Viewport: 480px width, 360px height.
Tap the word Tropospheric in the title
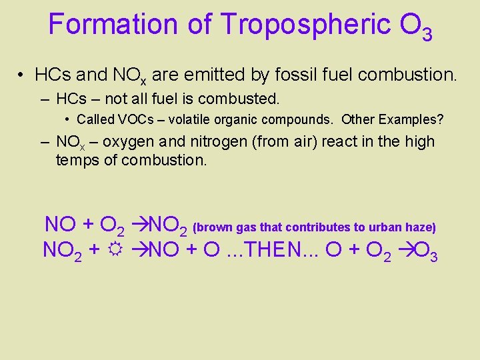[x=305, y=24]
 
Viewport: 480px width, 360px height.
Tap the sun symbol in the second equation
[x=116, y=251]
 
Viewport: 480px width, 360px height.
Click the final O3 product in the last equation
[x=426, y=253]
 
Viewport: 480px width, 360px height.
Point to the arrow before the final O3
[x=406, y=251]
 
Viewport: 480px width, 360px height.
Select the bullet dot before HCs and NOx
[x=21, y=75]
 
